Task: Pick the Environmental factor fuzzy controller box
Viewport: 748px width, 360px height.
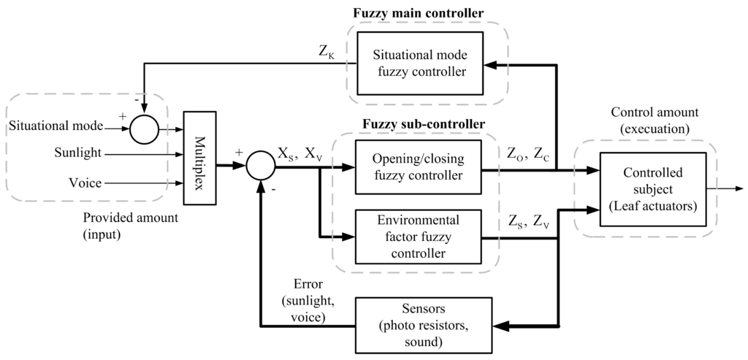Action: click(417, 236)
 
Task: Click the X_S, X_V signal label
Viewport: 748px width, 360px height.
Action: click(299, 153)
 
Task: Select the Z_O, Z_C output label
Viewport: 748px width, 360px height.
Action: click(529, 153)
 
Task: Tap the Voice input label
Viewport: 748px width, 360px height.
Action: click(85, 183)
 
